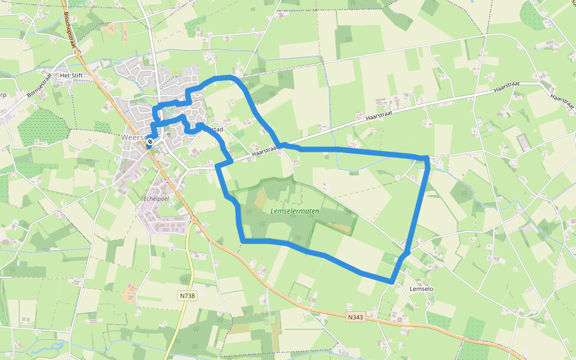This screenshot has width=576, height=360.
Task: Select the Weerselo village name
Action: (133, 137)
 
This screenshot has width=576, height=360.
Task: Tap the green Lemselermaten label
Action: (295, 211)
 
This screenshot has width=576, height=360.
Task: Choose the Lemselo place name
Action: (421, 289)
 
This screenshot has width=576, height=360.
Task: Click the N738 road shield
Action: (187, 295)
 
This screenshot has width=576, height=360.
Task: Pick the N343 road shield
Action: (355, 317)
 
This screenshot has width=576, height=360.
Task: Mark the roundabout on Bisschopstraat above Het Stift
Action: (78, 53)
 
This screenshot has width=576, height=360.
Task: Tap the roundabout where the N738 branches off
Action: (194, 220)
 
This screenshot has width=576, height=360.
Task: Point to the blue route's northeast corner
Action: (427, 158)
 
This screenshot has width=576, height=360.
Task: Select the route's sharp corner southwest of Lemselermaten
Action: (242, 241)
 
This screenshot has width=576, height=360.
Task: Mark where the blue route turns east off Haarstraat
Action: (281, 145)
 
